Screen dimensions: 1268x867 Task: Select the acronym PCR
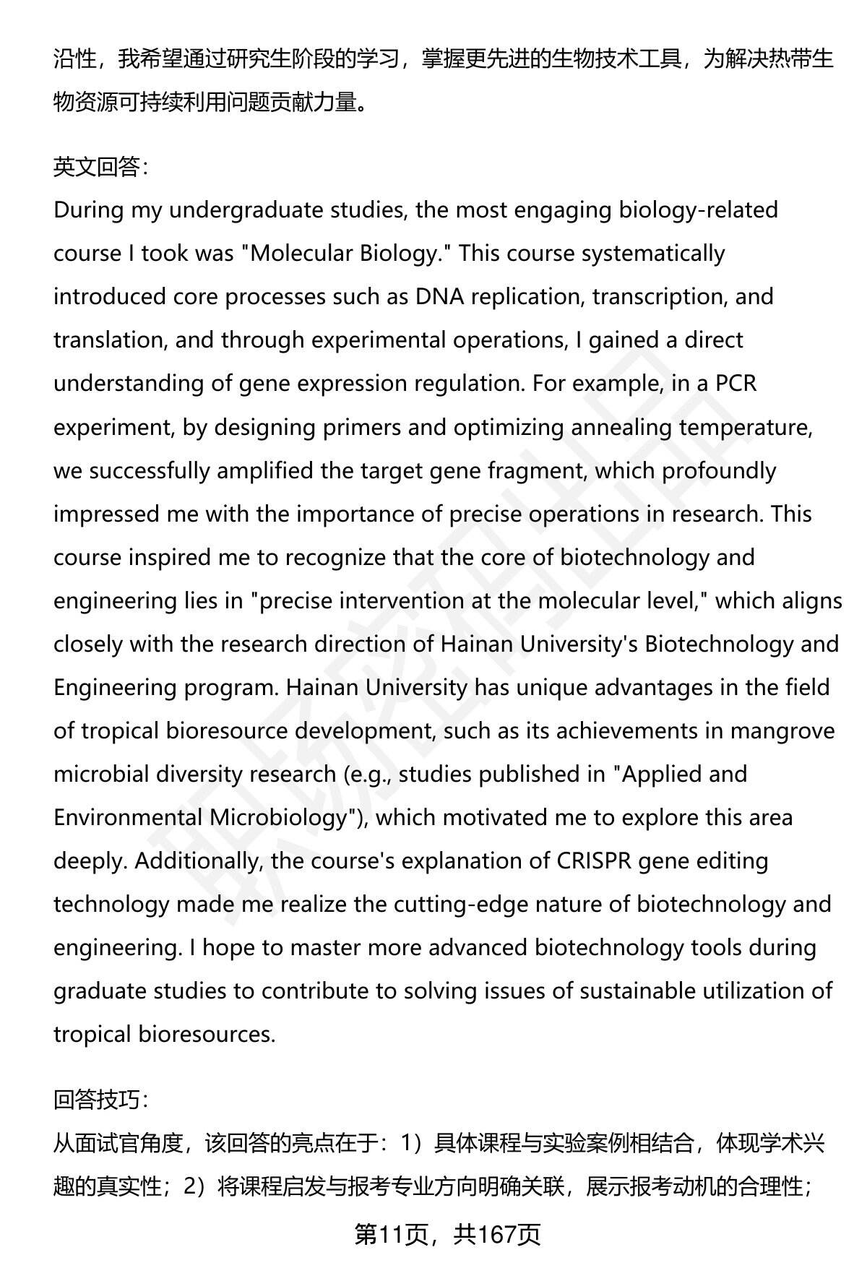click(736, 383)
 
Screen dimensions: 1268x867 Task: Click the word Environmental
click(128, 817)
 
